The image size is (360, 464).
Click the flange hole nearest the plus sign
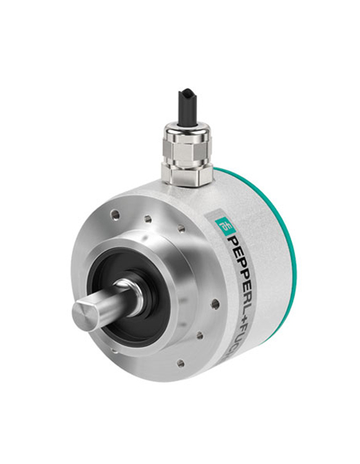(x=216, y=303)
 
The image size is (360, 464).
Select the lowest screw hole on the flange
(x=180, y=362)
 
